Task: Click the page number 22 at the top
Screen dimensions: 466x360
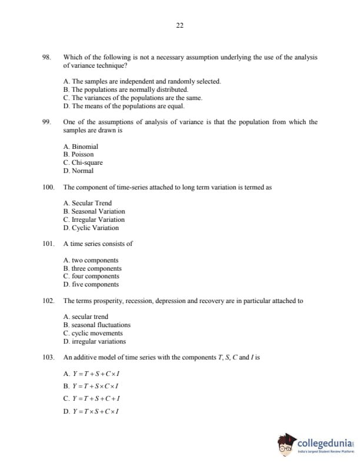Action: click(179, 25)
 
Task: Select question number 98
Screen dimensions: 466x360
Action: click(46, 58)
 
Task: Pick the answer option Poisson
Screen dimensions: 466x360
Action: click(78, 155)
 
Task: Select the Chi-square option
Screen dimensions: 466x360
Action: click(83, 163)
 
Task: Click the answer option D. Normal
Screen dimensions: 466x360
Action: click(78, 171)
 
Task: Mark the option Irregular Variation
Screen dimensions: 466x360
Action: click(94, 219)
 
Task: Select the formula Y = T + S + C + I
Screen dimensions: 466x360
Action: click(95, 398)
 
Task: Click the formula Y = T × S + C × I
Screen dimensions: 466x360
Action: click(95, 411)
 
